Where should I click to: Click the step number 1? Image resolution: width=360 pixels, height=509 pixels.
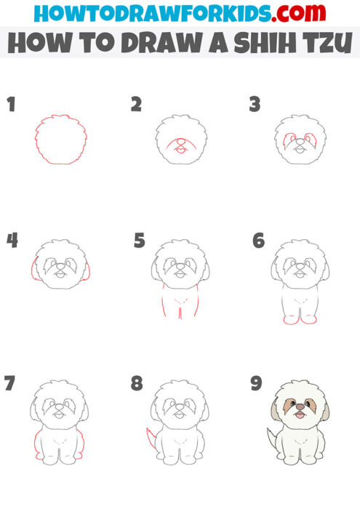tap(11, 105)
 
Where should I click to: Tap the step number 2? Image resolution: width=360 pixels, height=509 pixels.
tap(136, 105)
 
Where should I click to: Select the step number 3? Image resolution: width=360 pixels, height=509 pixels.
tap(255, 105)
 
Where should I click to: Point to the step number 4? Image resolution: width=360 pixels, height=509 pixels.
tap(12, 241)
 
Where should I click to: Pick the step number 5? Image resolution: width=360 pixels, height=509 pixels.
tap(140, 241)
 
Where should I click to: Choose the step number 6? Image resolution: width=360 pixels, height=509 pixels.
tap(258, 241)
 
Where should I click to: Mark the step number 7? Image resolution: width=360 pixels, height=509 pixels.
tap(10, 383)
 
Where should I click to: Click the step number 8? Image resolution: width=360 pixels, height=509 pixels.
tap(137, 383)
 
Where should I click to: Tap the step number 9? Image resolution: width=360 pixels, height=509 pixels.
tap(256, 383)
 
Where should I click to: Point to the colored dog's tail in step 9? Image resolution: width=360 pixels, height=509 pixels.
tap(270, 439)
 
